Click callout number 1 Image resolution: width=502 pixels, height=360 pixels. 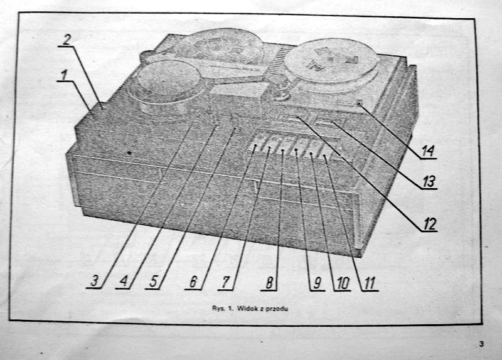coord(65,76)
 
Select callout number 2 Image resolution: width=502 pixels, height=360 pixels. coord(67,40)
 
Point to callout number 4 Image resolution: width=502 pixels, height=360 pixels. coord(124,282)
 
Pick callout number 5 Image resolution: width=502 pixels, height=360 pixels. coord(153,282)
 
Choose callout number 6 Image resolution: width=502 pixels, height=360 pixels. coord(193,282)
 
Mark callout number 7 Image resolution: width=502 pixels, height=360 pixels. coord(226,282)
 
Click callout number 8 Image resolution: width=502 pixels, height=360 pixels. coord(269,283)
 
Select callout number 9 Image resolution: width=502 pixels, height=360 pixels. coord(317,283)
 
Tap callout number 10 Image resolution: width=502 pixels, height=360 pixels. coord(343,283)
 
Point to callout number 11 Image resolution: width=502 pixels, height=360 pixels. coord(369,283)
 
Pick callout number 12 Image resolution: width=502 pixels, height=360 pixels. coord(429,224)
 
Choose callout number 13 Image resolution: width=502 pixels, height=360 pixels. coord(429,182)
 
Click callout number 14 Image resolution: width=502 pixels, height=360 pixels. coord(428,151)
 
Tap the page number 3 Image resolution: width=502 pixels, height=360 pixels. coord(481,344)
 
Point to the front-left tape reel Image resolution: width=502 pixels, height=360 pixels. coord(164,87)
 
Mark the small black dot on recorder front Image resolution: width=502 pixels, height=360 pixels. coord(129,153)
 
